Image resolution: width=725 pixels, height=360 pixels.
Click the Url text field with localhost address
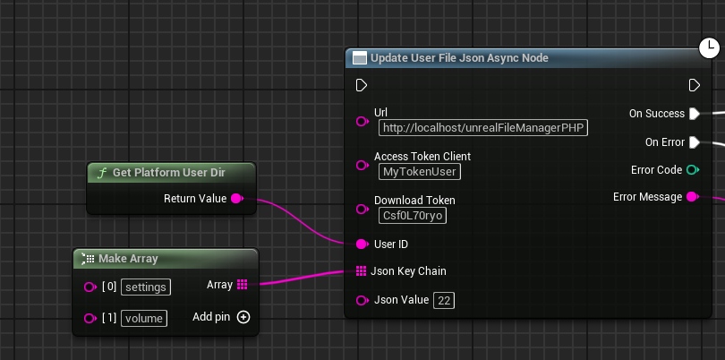(483, 128)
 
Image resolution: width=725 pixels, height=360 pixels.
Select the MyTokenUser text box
(420, 172)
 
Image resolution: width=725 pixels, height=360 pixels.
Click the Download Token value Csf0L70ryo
(413, 216)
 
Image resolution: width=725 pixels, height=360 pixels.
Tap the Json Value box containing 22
(444, 301)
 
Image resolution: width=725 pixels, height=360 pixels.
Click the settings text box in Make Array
(146, 287)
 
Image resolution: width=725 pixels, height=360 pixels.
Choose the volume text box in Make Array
(144, 318)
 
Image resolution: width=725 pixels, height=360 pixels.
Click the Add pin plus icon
(243, 317)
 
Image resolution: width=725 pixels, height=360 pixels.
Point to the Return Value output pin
(236, 199)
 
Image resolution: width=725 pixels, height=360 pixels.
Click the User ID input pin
(362, 244)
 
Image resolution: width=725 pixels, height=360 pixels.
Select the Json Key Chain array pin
(362, 271)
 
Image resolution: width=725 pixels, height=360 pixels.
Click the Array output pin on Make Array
(242, 285)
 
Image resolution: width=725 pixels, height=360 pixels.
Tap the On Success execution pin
(695, 114)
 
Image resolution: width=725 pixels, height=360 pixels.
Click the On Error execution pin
(695, 142)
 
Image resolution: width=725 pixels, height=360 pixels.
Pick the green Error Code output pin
(693, 170)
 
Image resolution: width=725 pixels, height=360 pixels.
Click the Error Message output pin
(693, 197)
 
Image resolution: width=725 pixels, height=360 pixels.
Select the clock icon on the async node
(709, 47)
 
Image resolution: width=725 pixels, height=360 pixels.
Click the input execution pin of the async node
(362, 86)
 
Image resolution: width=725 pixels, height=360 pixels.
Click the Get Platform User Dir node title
(169, 173)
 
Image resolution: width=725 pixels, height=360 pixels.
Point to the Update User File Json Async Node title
(459, 58)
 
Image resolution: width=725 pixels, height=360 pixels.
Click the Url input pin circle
(362, 121)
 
